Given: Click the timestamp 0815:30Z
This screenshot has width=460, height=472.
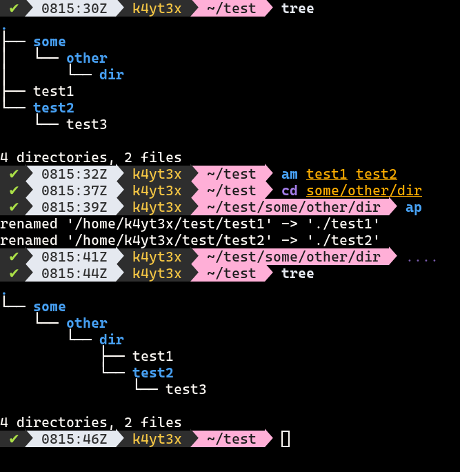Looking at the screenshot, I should click(74, 8).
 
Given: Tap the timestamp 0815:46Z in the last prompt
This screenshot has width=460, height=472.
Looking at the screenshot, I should click(74, 439).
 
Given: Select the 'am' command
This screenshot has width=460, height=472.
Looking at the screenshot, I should click(290, 174).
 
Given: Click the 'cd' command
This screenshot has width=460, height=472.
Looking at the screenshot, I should click(290, 190).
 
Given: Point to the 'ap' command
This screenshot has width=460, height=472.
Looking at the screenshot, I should click(414, 207).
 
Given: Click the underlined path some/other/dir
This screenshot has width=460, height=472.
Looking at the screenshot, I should click(364, 190).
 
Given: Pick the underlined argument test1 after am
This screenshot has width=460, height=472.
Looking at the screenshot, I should click(327, 174).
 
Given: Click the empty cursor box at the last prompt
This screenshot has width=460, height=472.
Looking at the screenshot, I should click(286, 439).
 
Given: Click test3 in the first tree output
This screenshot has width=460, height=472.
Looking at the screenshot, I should click(87, 124).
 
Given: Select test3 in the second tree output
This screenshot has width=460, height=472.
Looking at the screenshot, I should click(186, 389).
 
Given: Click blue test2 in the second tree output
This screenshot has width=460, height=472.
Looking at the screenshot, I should click(153, 373).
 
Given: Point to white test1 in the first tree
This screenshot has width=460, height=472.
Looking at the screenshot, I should click(54, 91).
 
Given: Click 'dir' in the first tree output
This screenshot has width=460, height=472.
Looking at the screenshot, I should click(112, 75).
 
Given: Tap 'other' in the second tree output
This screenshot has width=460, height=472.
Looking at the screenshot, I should click(87, 323).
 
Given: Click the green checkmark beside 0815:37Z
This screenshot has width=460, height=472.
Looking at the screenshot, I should click(14, 190).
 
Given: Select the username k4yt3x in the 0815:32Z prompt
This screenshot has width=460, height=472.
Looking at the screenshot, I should click(157, 174).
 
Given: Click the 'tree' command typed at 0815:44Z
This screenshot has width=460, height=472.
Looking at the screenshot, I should click(298, 273).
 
